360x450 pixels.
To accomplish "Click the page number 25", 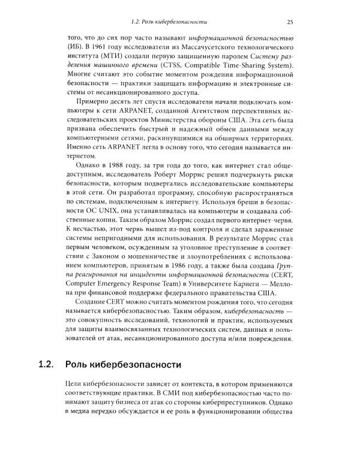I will coord(290,23).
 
